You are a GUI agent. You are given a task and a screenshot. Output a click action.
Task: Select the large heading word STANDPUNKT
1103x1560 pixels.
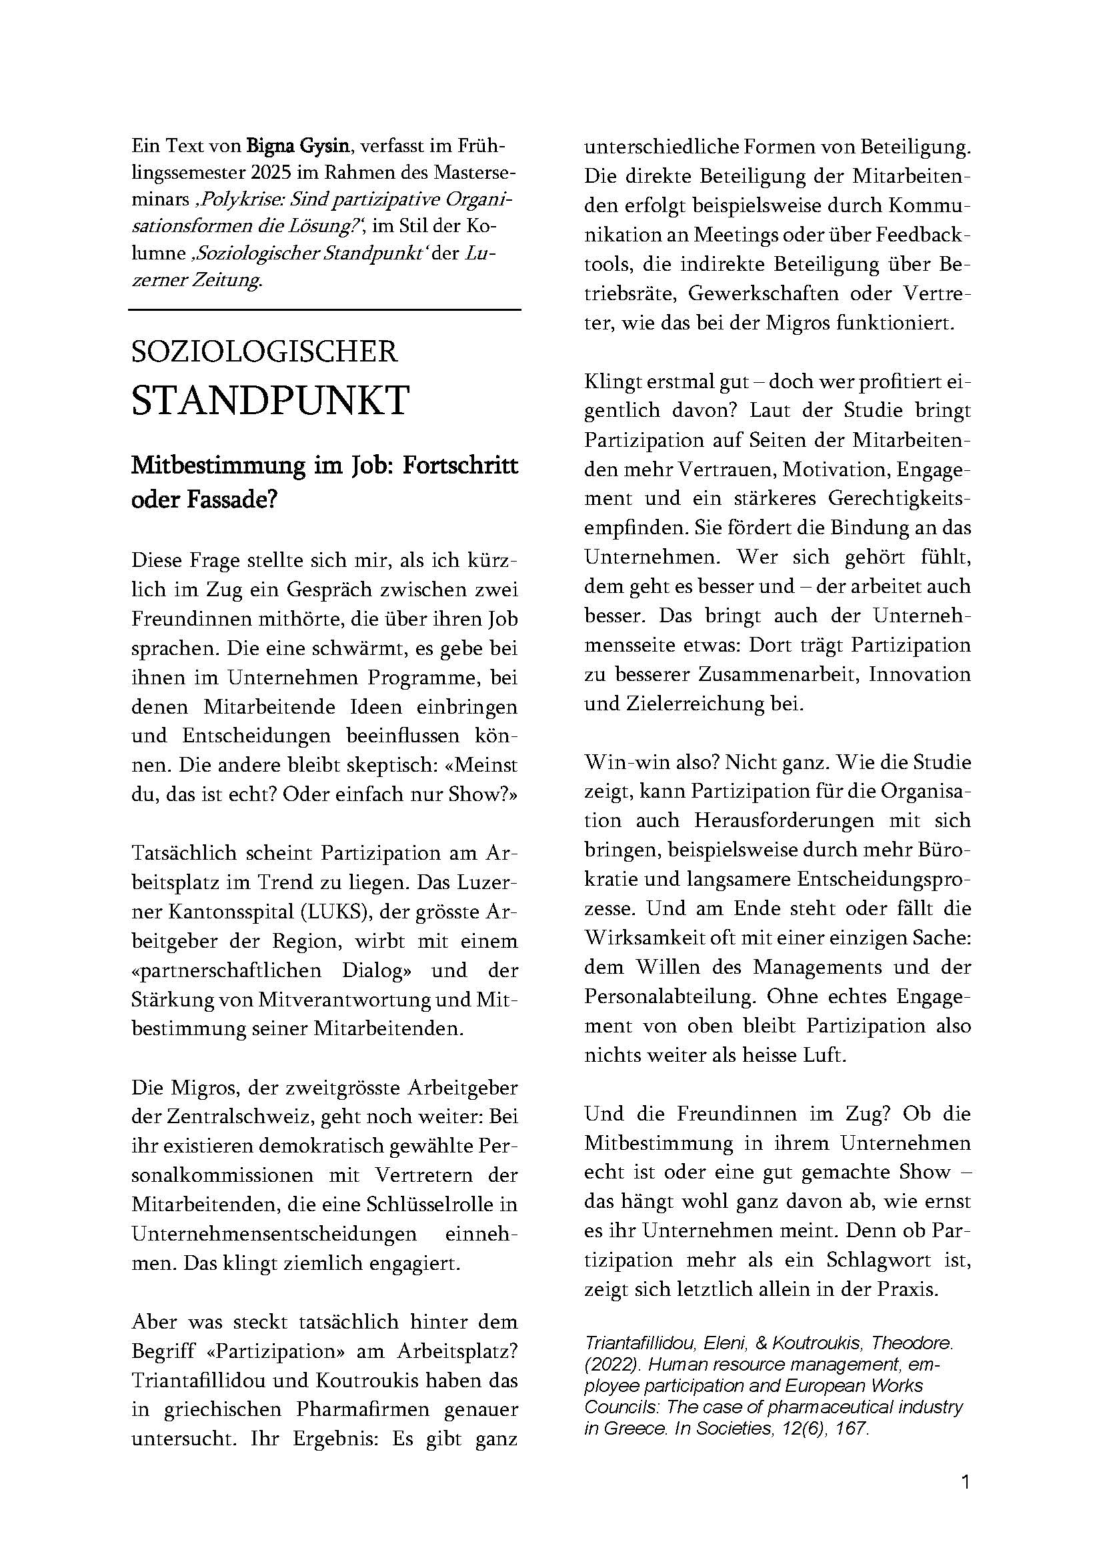[x=270, y=400]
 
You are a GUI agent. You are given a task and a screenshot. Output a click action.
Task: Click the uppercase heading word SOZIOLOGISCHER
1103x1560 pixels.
[x=264, y=351]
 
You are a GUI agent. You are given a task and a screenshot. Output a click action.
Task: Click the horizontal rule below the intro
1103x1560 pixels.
[x=325, y=310]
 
